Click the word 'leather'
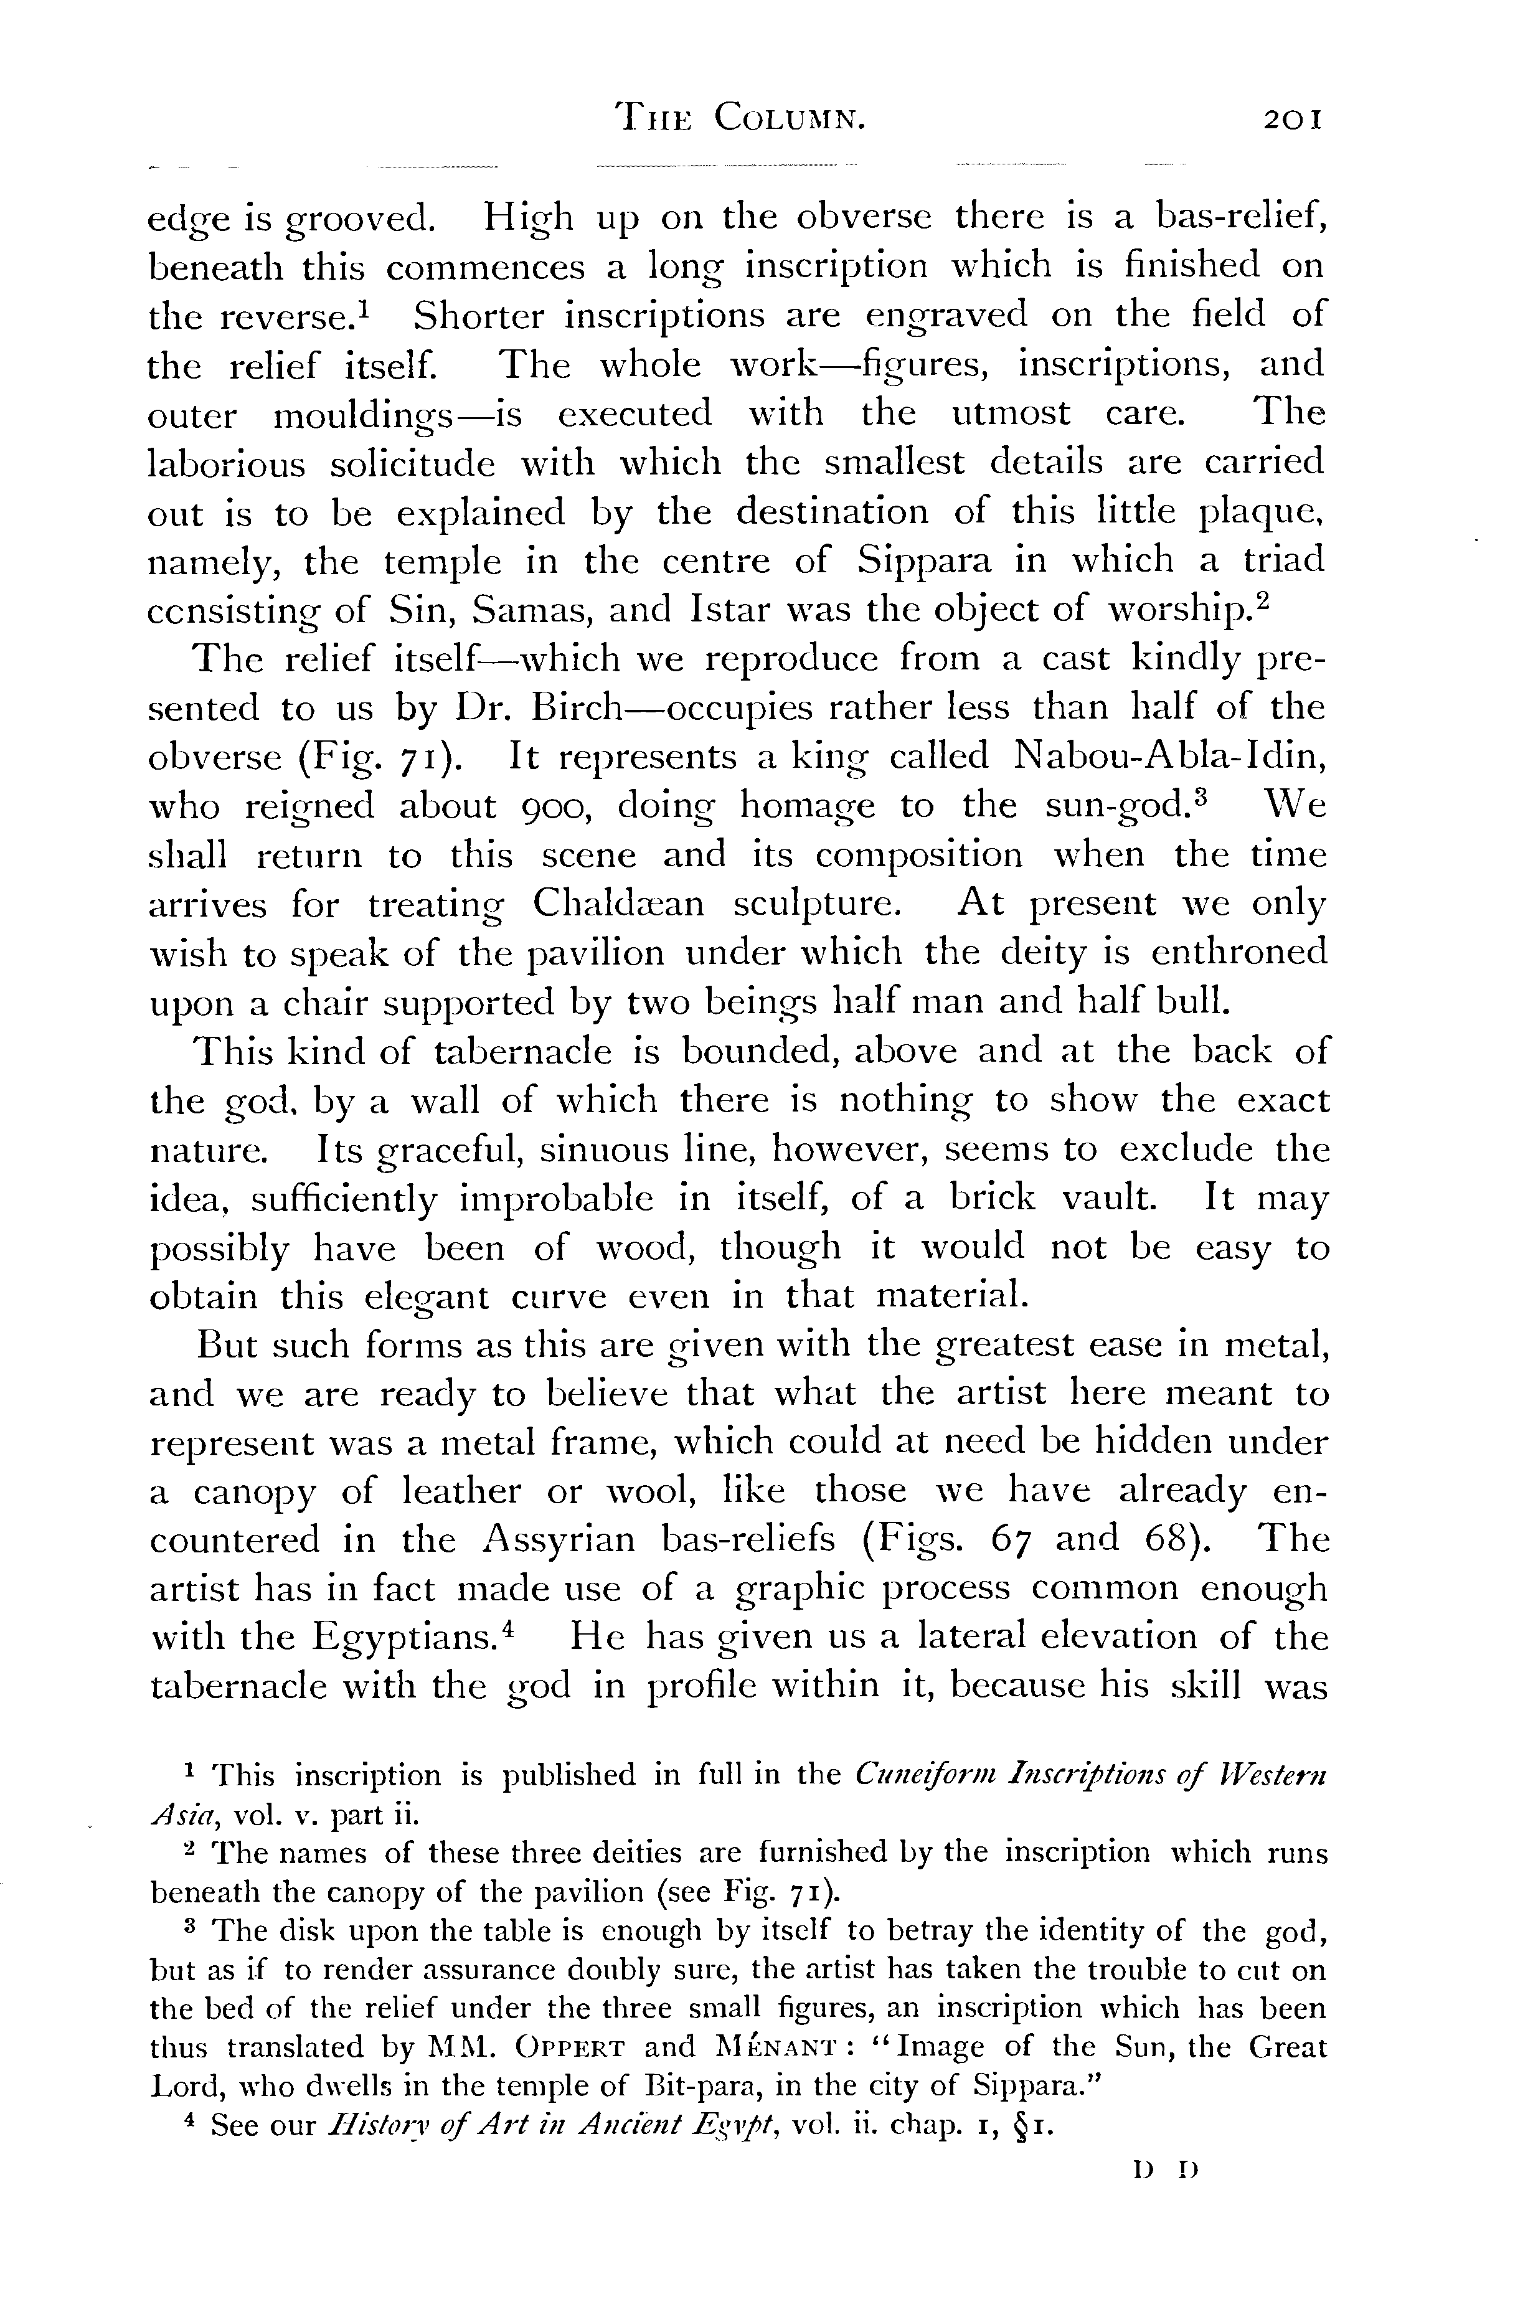click(x=465, y=1492)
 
